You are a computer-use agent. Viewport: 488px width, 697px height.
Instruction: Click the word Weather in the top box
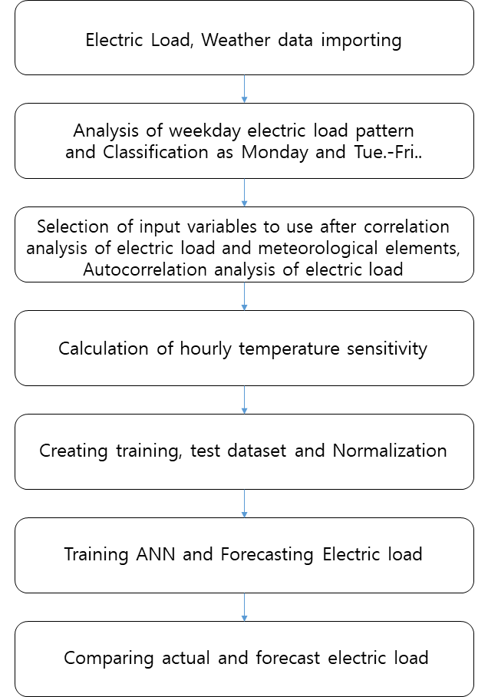click(x=236, y=40)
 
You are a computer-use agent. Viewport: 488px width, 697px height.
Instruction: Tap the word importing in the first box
click(x=361, y=41)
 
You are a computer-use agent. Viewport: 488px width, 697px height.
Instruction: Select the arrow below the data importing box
click(x=244, y=89)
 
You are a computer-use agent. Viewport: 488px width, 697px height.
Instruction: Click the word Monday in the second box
click(x=275, y=153)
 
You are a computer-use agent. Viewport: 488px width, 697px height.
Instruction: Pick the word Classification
click(x=156, y=152)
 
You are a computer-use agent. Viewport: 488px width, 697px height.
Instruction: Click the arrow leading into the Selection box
click(x=244, y=193)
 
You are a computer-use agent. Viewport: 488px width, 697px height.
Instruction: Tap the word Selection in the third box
click(x=73, y=226)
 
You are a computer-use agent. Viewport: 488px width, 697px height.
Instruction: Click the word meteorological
click(x=318, y=249)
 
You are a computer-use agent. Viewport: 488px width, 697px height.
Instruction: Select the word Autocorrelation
click(x=145, y=270)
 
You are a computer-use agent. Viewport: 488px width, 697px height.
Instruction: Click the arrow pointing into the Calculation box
click(x=244, y=296)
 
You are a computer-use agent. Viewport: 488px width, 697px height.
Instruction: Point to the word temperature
click(x=289, y=349)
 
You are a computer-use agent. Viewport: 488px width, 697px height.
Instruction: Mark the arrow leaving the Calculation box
click(x=244, y=400)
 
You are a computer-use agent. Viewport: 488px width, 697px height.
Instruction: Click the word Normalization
click(x=390, y=451)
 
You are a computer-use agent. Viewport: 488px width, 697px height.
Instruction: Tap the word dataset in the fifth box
click(x=257, y=451)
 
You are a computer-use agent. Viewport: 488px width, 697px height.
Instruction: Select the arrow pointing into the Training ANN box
click(x=244, y=504)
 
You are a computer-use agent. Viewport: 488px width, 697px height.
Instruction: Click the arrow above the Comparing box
click(x=244, y=607)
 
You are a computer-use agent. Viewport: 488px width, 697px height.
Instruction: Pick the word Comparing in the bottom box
click(x=108, y=659)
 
